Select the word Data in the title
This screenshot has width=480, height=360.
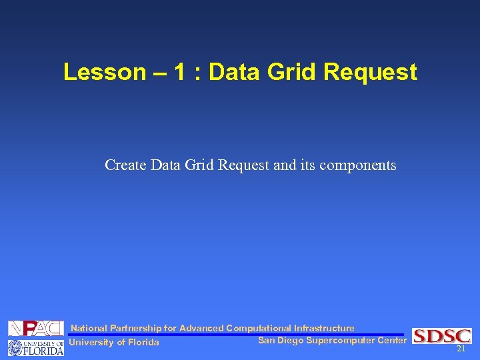(x=237, y=72)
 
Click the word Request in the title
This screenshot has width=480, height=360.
(x=370, y=72)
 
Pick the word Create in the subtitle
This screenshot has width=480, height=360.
(x=126, y=165)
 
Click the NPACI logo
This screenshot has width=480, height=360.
(x=35, y=328)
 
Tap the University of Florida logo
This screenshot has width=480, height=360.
(x=35, y=347)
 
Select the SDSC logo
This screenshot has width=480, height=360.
(x=441, y=336)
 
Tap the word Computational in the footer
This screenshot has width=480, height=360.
(x=259, y=328)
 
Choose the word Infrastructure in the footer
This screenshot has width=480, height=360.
(x=324, y=328)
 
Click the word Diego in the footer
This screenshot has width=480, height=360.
(x=291, y=341)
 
